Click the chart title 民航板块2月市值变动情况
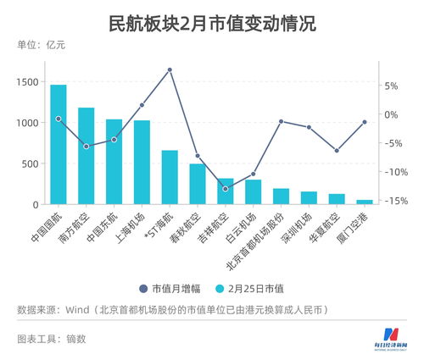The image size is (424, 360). [x=212, y=23]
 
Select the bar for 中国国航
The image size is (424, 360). [x=59, y=144]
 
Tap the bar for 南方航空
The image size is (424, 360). [x=86, y=156]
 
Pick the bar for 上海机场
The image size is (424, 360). [x=142, y=162]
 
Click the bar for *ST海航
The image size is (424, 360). [x=170, y=177]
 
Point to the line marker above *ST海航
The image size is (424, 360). [x=170, y=69]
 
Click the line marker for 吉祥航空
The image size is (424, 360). [x=225, y=188]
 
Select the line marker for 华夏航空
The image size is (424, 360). [x=337, y=151]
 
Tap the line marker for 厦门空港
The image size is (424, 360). [x=364, y=122]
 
